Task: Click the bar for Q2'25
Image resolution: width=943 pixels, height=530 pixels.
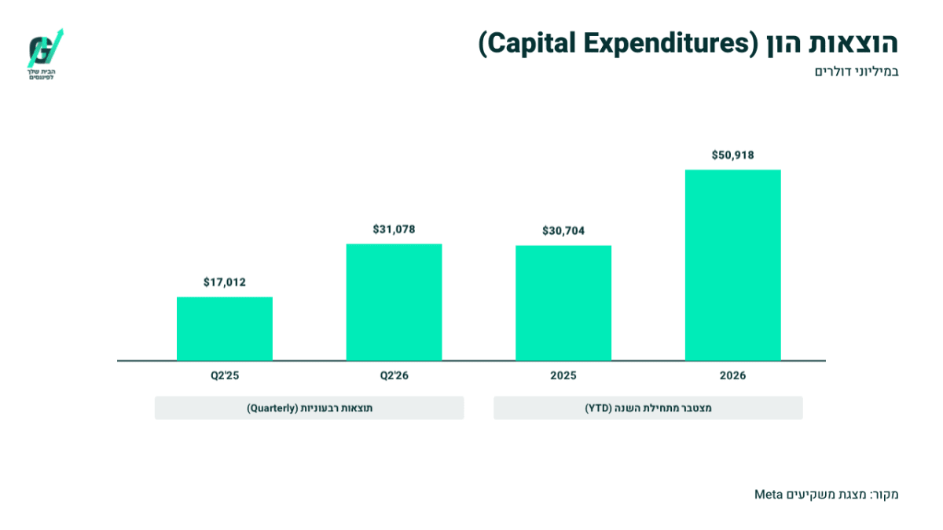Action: tap(225, 328)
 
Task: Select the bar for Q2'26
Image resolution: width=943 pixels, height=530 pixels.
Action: tap(394, 302)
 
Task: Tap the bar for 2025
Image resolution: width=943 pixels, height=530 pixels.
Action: tap(563, 303)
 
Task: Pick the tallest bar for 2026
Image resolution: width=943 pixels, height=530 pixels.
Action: tap(733, 265)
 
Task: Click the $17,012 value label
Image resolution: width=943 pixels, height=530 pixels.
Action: tap(225, 282)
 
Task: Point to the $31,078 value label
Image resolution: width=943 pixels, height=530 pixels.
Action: tap(394, 229)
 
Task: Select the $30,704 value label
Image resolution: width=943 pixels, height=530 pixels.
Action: tap(563, 231)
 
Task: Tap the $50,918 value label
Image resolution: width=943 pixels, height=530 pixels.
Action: tap(733, 155)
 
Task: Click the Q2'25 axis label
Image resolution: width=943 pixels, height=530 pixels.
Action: tap(225, 375)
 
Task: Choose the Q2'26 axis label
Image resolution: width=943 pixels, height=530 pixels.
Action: tap(394, 375)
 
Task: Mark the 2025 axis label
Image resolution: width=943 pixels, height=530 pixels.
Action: tap(563, 375)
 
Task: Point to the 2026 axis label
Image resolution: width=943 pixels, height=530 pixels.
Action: tap(733, 375)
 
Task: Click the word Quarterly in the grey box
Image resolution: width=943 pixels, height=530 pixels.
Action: tap(273, 408)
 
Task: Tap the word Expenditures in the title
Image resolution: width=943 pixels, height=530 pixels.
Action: tap(665, 44)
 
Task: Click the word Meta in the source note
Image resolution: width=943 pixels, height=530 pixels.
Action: tap(769, 494)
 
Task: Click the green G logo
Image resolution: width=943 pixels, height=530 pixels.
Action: tap(46, 49)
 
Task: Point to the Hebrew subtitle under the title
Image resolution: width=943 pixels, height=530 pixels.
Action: tap(857, 72)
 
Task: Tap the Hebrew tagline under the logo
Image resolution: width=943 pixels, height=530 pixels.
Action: tap(41, 75)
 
